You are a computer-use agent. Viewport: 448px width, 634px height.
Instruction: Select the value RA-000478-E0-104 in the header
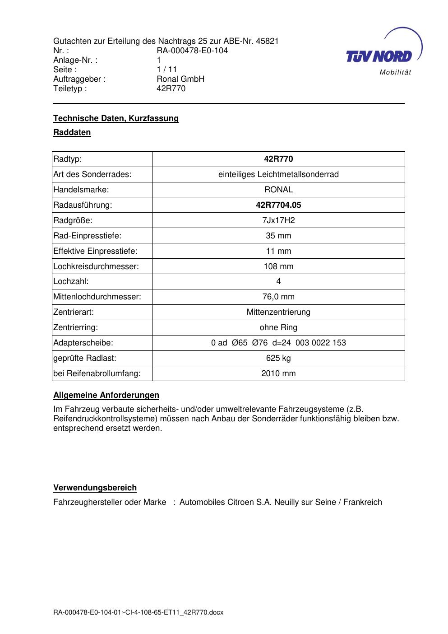tap(192, 51)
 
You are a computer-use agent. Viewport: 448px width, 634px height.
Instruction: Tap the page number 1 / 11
tap(167, 70)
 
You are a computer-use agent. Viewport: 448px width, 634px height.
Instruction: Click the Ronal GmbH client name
tap(180, 79)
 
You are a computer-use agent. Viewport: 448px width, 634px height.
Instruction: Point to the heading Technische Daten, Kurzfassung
tap(116, 118)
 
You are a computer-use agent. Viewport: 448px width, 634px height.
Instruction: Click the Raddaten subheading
tap(72, 132)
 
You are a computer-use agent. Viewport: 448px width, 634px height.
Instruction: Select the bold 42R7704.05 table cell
tap(278, 205)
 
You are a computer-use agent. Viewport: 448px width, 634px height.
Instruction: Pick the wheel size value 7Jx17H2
tap(278, 220)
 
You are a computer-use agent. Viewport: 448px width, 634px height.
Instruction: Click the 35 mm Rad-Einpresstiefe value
tap(278, 236)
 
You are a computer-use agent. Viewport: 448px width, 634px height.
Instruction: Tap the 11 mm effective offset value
tap(278, 251)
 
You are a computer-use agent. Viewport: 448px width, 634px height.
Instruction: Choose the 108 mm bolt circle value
tap(278, 266)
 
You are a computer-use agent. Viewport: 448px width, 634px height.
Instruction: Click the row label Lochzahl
tap(71, 281)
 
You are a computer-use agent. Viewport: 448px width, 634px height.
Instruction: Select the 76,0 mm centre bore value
tap(278, 297)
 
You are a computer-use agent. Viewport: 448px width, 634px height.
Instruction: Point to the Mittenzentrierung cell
tap(278, 312)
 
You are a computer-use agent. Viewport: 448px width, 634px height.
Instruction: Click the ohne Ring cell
tap(278, 327)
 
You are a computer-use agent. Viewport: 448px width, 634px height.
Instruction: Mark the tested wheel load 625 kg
tap(278, 358)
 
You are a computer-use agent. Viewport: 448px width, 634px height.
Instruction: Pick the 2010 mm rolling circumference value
tap(278, 373)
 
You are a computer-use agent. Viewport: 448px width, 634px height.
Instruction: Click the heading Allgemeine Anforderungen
tap(106, 395)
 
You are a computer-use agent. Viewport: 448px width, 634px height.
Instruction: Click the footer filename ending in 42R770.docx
tap(139, 613)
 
